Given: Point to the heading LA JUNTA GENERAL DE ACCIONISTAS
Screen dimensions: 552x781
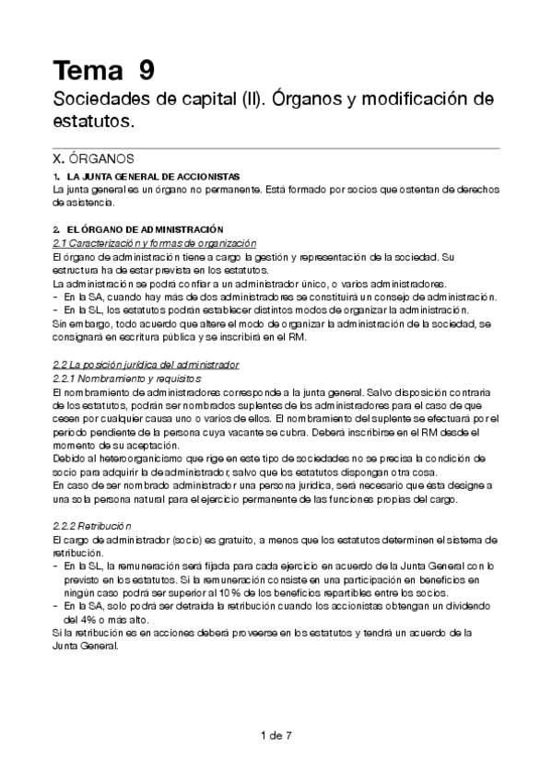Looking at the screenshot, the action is click(140, 175).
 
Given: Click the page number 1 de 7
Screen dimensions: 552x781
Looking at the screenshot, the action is click(276, 735).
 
